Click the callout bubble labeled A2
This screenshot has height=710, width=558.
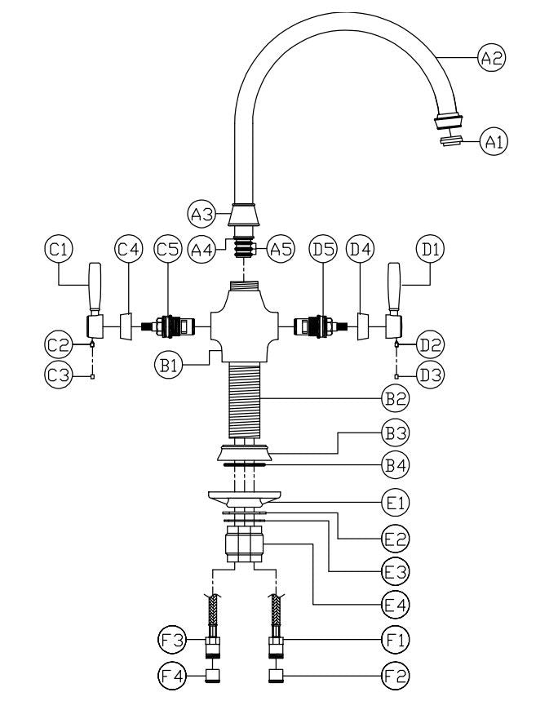coord(493,58)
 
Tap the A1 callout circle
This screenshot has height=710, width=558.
coord(494,142)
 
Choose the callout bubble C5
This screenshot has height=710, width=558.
coord(166,250)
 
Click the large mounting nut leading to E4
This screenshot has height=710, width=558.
coord(245,544)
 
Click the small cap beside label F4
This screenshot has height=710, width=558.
coord(213,676)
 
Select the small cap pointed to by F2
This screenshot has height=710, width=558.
coord(277,676)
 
